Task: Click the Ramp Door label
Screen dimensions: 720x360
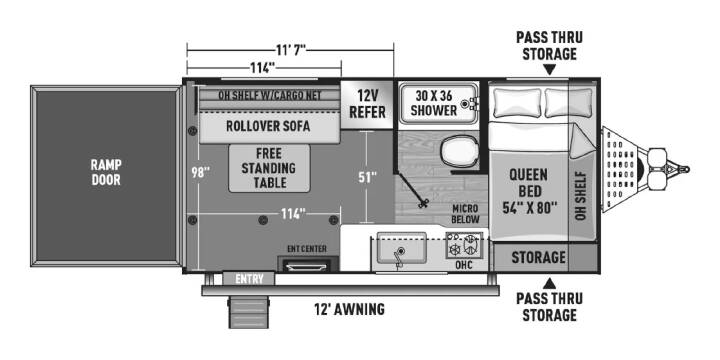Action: [106, 172]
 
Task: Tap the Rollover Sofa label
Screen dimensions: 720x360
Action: [268, 126]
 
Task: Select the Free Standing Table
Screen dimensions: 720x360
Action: [270, 168]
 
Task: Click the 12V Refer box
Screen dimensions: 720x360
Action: [367, 104]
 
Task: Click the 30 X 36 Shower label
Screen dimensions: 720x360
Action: [434, 103]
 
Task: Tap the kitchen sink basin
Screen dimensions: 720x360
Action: [401, 248]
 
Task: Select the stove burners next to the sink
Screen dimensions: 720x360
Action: [464, 245]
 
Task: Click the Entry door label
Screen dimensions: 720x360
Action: [249, 279]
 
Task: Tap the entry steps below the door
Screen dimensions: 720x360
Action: [248, 312]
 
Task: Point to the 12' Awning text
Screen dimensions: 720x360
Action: [348, 309]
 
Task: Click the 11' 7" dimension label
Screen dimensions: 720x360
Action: [291, 49]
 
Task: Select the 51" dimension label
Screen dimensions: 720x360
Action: [367, 177]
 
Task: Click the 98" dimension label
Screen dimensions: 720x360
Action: [200, 173]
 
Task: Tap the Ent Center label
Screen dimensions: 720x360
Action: [307, 249]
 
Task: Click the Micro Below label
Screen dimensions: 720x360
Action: [466, 214]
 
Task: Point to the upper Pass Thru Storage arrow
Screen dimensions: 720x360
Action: [549, 70]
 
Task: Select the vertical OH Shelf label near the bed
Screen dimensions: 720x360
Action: [581, 196]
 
